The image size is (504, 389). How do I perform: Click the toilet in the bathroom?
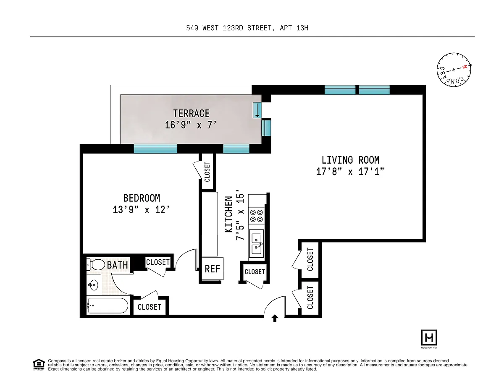(x=96, y=265)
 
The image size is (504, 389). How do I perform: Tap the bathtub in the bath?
(x=107, y=305)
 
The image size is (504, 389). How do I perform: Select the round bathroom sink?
(x=94, y=285)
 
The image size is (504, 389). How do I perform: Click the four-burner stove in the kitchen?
(x=257, y=216)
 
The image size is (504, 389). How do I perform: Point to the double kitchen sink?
(x=257, y=244)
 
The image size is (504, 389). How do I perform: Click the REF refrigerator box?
(x=213, y=269)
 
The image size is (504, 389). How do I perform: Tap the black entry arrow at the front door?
(x=275, y=318)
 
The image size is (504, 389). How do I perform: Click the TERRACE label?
(x=192, y=113)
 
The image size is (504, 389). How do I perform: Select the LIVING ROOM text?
(x=350, y=160)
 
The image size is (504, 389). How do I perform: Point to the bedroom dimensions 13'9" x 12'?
(x=141, y=210)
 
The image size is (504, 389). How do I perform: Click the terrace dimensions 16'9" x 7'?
(x=191, y=125)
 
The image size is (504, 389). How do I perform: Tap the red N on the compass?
(x=465, y=67)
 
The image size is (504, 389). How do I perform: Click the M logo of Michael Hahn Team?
(x=429, y=337)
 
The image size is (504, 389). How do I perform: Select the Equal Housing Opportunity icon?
(x=39, y=365)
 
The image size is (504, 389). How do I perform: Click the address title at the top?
(x=247, y=28)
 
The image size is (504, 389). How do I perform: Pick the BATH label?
(x=117, y=265)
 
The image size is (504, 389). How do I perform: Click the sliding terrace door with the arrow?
(x=257, y=110)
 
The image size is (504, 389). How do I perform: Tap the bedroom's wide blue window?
(x=155, y=149)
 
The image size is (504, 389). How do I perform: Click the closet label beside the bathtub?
(x=150, y=307)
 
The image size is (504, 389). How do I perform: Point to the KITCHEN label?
(x=229, y=214)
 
